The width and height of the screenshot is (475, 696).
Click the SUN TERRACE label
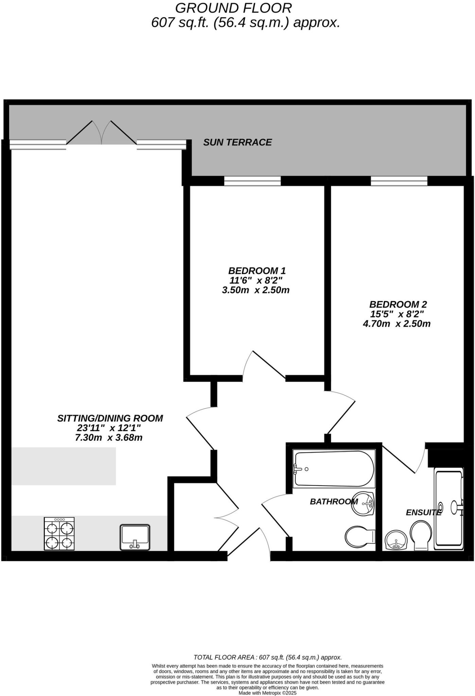click(237, 142)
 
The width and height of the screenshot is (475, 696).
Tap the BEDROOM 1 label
click(257, 271)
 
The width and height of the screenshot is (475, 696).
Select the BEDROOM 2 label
click(398, 304)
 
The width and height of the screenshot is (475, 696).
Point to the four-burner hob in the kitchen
click(59, 534)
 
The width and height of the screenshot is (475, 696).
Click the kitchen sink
click(135, 537)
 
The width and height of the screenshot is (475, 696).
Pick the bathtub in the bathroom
click(334, 469)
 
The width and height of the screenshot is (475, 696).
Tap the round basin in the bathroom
click(363, 503)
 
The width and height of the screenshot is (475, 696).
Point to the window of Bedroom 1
click(252, 181)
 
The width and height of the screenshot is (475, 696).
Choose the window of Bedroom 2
click(399, 181)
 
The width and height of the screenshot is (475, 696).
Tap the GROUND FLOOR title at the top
click(233, 8)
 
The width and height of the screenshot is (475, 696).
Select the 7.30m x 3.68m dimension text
click(108, 438)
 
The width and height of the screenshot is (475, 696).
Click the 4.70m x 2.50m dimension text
click(397, 324)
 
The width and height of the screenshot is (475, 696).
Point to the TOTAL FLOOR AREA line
click(267, 657)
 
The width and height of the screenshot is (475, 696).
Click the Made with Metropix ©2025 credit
click(267, 693)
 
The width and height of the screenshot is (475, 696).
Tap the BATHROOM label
click(334, 502)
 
